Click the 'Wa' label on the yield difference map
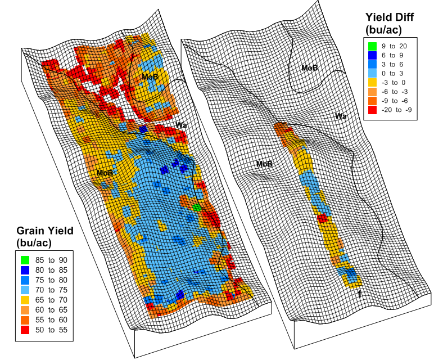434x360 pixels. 340,116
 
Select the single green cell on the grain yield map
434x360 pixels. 196,207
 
